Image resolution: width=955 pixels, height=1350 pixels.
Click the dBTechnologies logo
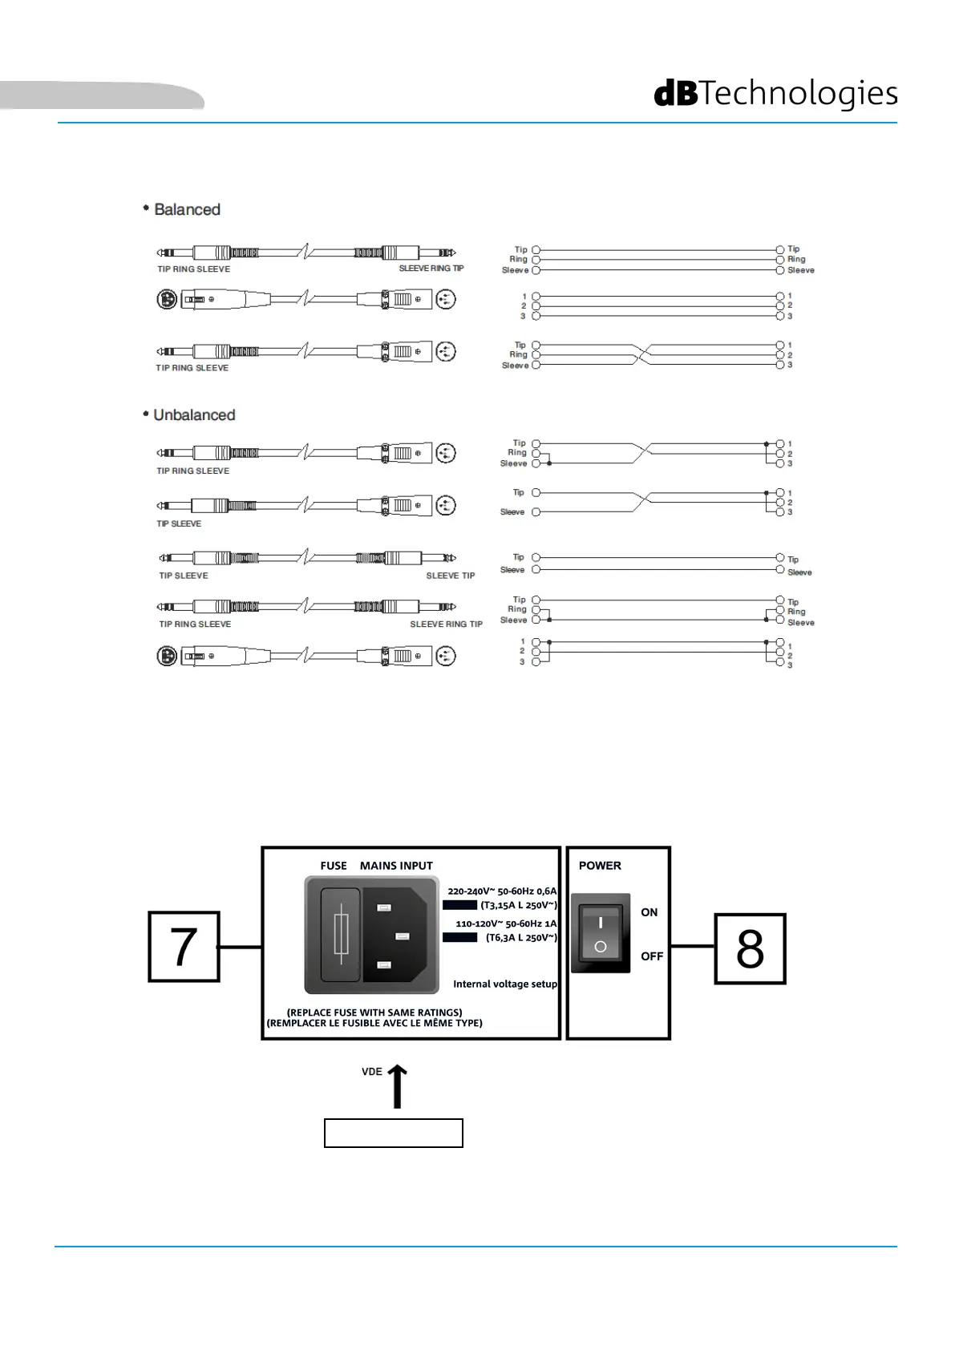(x=775, y=94)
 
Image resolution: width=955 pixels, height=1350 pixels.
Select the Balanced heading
(x=186, y=209)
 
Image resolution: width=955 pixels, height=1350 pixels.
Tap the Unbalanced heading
(x=193, y=415)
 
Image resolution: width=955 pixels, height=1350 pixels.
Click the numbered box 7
(x=184, y=947)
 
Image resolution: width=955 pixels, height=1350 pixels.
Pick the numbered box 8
(x=750, y=949)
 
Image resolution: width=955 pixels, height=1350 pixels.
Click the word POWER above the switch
(x=600, y=866)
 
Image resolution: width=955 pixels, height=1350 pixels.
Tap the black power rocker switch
(x=600, y=933)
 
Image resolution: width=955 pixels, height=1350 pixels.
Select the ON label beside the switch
(x=649, y=912)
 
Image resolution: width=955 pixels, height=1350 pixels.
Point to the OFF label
(x=651, y=956)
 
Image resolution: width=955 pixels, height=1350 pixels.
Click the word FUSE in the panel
(x=334, y=866)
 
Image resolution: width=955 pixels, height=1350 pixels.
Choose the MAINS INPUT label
(x=396, y=866)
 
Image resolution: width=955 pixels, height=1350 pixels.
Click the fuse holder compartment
(x=340, y=935)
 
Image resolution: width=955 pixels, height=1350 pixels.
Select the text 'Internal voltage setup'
(x=504, y=984)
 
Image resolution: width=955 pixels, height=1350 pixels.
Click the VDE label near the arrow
(x=372, y=1072)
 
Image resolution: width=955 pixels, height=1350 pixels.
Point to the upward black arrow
(x=397, y=1086)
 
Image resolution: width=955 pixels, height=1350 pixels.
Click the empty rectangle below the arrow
(x=393, y=1134)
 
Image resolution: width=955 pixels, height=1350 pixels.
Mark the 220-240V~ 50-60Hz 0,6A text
(x=501, y=891)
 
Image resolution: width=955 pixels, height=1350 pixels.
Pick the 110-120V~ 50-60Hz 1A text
(x=505, y=924)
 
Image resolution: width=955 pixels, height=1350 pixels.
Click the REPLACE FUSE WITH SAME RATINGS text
(x=374, y=1012)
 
